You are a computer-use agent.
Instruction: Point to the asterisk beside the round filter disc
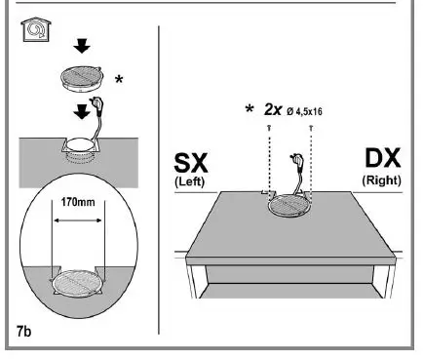[x=118, y=79]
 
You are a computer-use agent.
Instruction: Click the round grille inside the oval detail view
[x=77, y=283]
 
